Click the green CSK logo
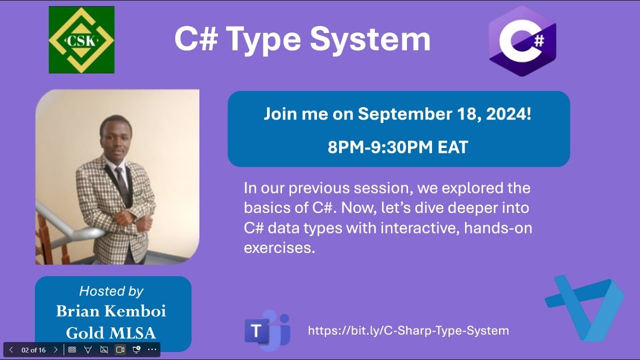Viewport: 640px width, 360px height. pos(81,40)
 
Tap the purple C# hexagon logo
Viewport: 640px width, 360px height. pos(522,41)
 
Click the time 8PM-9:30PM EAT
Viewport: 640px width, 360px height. pos(398,147)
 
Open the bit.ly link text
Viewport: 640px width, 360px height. pos(408,330)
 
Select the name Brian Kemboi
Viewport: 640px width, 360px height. pos(111,311)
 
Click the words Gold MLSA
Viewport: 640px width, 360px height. pos(111,332)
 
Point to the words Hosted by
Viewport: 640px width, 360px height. pos(111,291)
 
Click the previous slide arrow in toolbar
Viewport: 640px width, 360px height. pos(11,350)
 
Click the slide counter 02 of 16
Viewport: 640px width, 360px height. pos(33,350)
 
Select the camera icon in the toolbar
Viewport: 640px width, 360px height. pos(120,349)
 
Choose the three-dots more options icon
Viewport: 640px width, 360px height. pos(152,349)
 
